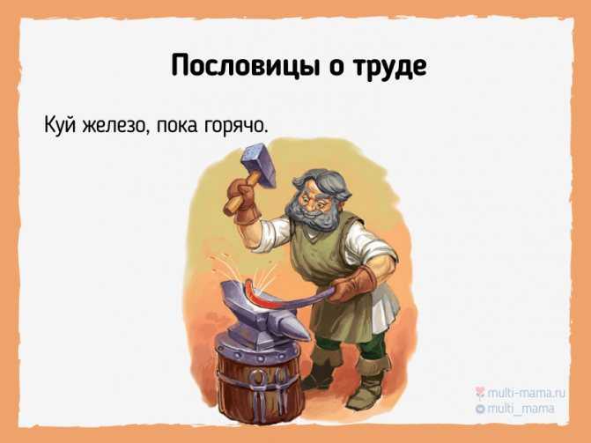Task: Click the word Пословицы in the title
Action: pyautogui.click(x=244, y=66)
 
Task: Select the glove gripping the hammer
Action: pyautogui.click(x=243, y=201)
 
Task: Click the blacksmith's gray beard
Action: pyautogui.click(x=313, y=216)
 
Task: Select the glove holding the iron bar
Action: pyautogui.click(x=351, y=285)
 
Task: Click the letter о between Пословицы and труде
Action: pyautogui.click(x=335, y=68)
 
